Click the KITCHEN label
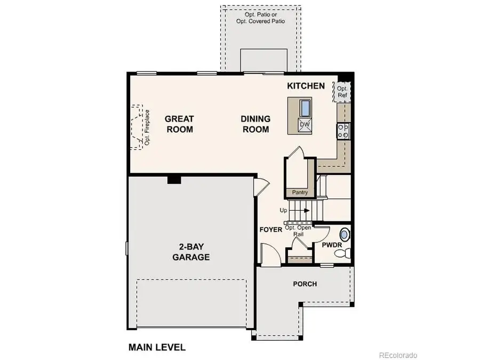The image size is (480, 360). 306,86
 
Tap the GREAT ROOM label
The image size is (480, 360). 179,124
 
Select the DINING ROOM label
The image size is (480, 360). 256,124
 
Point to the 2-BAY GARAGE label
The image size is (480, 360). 190,252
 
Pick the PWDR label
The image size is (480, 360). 331,245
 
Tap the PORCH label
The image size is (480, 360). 305,284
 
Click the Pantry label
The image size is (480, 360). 300,192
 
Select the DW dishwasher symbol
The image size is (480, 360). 304,125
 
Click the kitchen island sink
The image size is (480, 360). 305,108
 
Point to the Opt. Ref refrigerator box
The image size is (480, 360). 342,92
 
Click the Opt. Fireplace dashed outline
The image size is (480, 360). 140,127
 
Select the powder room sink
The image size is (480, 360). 345,234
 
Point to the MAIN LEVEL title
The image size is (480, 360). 157,347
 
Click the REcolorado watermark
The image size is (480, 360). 398,355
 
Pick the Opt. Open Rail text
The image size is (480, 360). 298,230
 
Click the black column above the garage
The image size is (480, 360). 174,180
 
